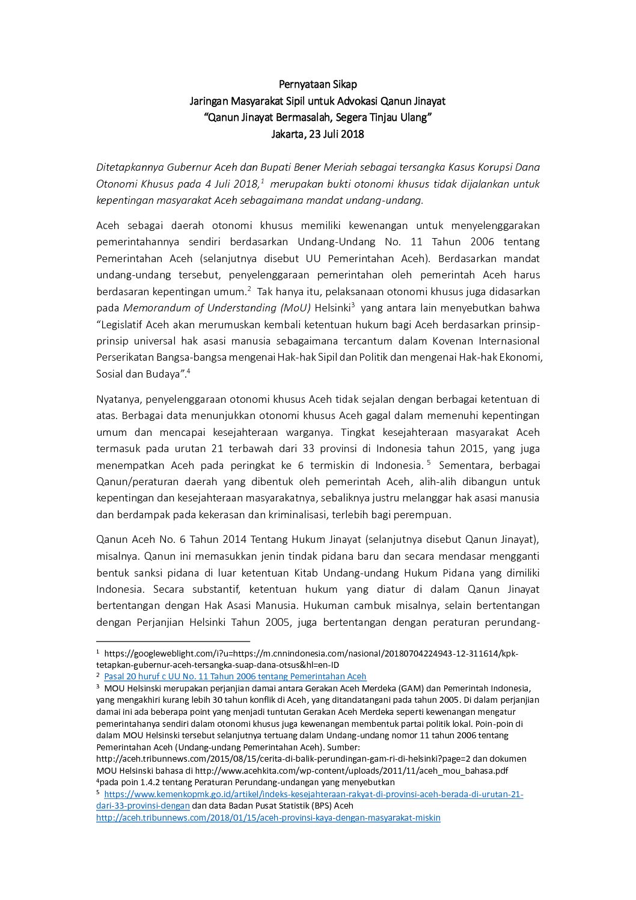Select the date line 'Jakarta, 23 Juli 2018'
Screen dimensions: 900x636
(317, 134)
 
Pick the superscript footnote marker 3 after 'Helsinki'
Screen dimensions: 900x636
(353, 305)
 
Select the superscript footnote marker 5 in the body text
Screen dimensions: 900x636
(429, 462)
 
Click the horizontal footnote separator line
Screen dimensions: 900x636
(173, 641)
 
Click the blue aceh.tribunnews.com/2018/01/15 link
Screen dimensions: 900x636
(268, 818)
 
